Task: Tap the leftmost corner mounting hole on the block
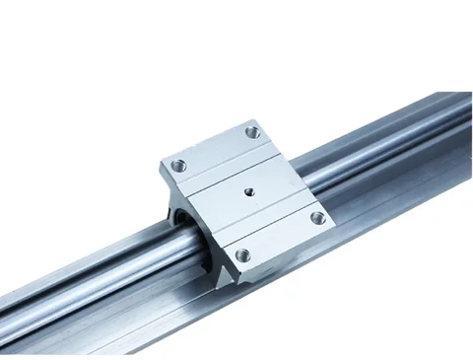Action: pos(176,166)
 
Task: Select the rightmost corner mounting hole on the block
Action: pos(316,217)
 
